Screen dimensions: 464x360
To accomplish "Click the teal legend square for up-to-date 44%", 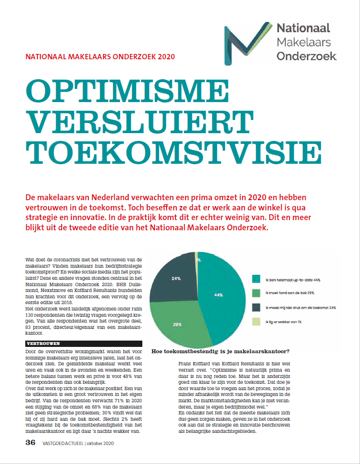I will (x=256, y=278).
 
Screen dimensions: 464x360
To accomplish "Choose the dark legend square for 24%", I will (x=256, y=308).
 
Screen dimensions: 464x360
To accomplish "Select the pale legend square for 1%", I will (x=256, y=322).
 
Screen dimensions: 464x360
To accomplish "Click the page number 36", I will (x=30, y=443).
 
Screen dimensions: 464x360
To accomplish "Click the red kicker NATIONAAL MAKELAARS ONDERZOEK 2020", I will (x=101, y=56).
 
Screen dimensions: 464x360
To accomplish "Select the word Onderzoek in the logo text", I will (x=307, y=56).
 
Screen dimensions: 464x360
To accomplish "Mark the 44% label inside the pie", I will (x=218, y=295).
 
